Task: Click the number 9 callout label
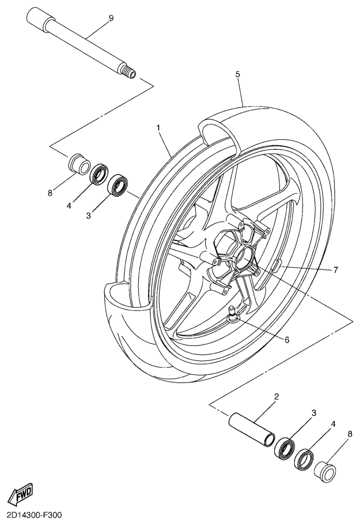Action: point(111,19)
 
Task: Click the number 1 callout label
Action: point(158,128)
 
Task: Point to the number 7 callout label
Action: point(335,269)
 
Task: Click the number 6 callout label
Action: point(286,339)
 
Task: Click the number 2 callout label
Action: point(277,396)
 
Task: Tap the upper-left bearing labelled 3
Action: point(118,184)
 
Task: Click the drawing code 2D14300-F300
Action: point(35,516)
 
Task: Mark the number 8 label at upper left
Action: point(49,193)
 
